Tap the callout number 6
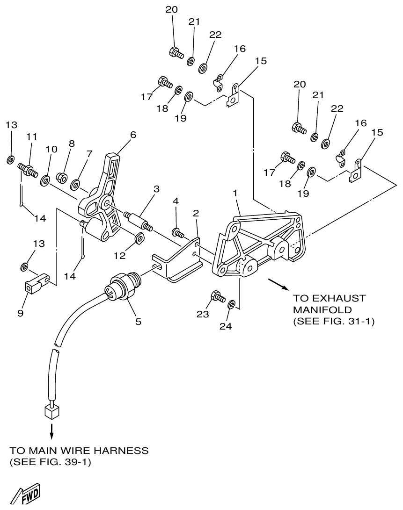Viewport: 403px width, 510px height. tap(133, 135)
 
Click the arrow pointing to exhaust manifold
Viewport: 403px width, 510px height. tap(278, 284)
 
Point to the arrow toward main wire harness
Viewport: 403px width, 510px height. tap(51, 431)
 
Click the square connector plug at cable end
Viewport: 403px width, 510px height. tap(51, 411)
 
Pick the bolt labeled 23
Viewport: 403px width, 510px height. tap(218, 296)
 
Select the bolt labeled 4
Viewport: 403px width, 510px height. tap(178, 231)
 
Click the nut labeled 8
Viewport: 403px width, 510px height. tap(61, 178)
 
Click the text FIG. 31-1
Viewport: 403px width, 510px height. tap(352, 322)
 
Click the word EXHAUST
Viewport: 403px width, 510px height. tap(330, 298)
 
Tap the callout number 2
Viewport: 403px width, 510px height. tap(196, 213)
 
